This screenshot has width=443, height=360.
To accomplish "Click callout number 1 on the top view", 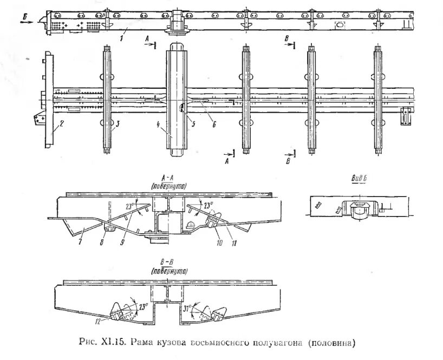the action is [x=122, y=38].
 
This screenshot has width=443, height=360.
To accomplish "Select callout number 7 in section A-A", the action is [x=80, y=238].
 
